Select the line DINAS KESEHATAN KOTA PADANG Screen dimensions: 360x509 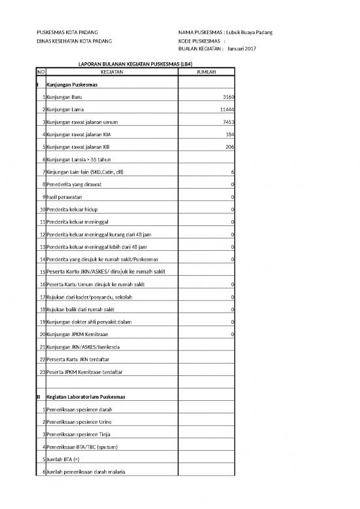tap(74, 41)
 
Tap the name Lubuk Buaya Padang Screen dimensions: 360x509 tap(249, 33)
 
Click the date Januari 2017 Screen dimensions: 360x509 tap(242, 50)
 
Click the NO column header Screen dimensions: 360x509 tap(42, 72)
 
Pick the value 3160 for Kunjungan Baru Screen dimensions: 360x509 tap(228, 97)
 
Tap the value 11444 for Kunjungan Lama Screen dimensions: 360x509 tap(227, 109)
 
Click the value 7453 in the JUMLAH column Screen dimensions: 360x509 tap(228, 122)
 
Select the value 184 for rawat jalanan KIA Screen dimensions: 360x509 tap(230, 134)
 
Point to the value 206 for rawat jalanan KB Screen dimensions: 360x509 tap(230, 147)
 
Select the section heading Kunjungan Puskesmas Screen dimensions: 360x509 tap(73, 85)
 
